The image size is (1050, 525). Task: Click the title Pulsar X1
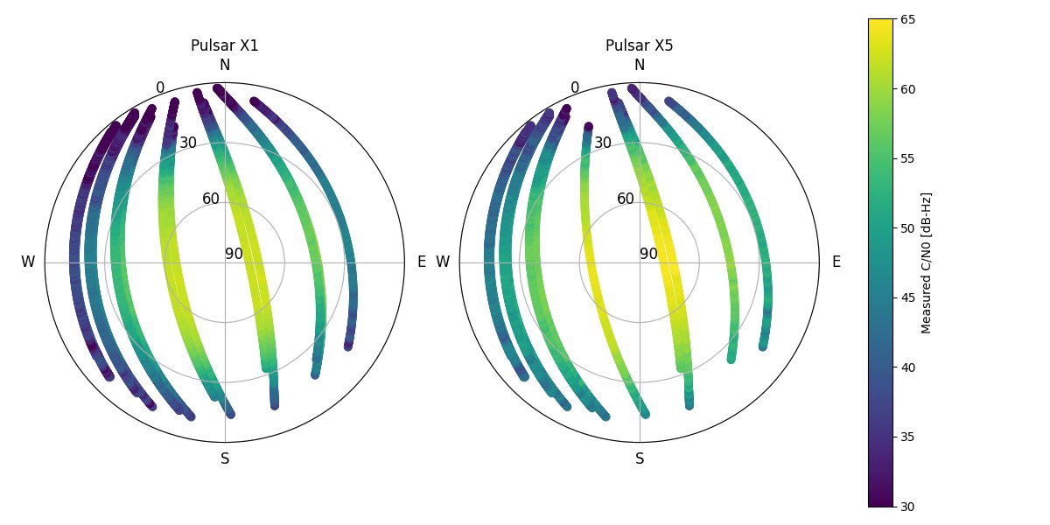(x=225, y=45)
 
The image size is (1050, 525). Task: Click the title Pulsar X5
(x=640, y=45)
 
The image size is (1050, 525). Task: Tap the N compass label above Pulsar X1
(x=225, y=65)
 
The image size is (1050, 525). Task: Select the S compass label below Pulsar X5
(x=640, y=458)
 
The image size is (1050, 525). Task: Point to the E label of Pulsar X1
(x=422, y=262)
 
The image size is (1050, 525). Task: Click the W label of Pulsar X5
(x=443, y=262)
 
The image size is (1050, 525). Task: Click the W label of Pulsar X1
(x=28, y=262)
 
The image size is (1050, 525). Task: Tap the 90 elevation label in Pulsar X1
(x=234, y=254)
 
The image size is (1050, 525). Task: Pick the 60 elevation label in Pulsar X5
(x=626, y=199)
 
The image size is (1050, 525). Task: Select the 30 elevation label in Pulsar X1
(x=188, y=143)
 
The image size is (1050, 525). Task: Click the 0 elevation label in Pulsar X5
(x=575, y=87)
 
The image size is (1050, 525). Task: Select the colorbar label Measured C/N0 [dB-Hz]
(x=927, y=262)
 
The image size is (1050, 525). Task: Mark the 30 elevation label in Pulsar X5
(x=603, y=143)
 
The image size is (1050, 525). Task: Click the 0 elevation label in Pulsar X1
(x=160, y=87)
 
